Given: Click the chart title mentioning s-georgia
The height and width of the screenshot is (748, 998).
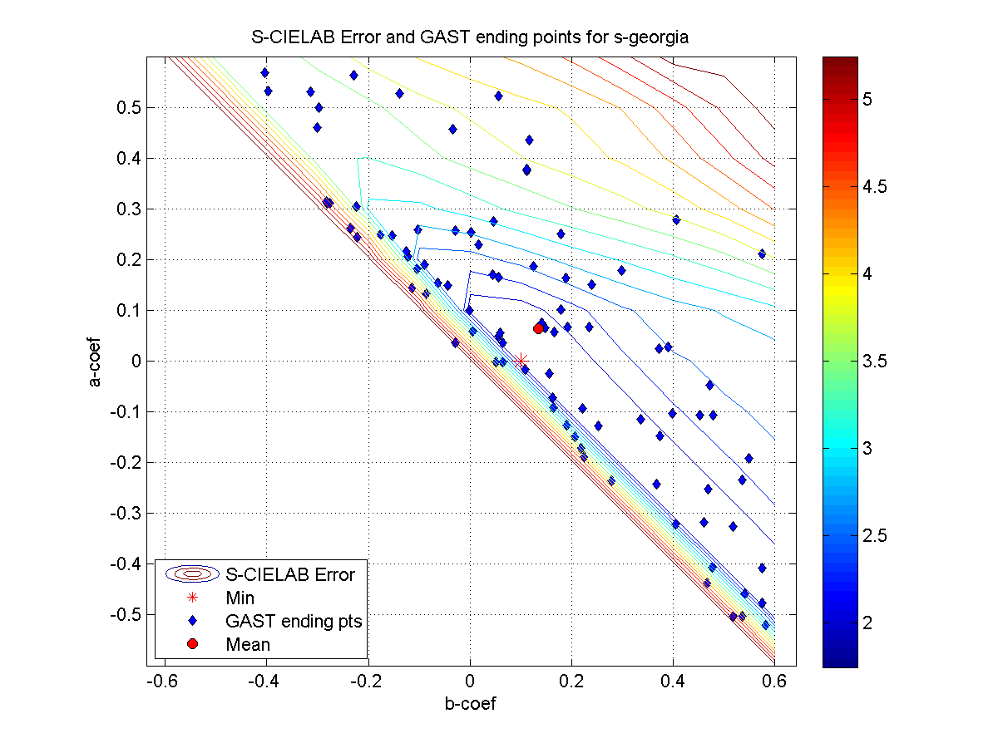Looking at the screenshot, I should coord(471,37).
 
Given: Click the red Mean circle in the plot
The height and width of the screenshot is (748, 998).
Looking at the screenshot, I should coord(538,328).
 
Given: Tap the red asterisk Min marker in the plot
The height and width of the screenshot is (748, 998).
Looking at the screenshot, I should coord(521,361).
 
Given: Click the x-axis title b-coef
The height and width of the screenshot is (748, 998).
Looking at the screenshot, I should coord(471,704).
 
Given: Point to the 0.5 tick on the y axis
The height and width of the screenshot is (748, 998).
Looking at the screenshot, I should coord(129,108).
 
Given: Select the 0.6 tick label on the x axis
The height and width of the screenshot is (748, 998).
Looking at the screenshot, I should coord(774,681).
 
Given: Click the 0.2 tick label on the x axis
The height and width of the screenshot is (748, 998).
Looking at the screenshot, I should coord(571,681).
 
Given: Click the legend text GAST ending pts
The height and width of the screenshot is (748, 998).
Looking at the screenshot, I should coord(294,621).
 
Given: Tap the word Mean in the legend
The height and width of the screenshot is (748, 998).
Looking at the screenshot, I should coord(247,644).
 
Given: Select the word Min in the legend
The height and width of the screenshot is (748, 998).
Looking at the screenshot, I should coord(240,597).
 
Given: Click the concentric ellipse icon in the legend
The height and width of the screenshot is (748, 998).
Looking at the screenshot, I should coord(192,573).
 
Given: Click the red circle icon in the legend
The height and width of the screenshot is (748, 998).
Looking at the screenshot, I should coord(192,644).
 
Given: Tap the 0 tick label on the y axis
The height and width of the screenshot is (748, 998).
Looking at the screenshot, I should coord(133,362).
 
